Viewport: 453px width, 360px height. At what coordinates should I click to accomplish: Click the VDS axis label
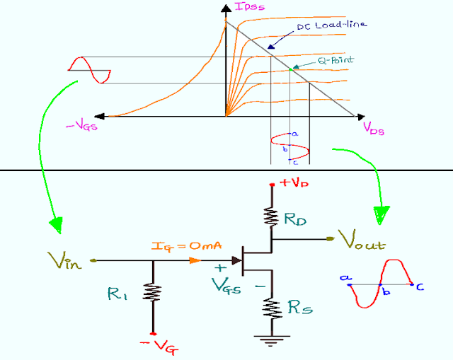pos(375,128)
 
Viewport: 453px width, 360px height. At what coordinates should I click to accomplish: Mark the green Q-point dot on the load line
pos(291,69)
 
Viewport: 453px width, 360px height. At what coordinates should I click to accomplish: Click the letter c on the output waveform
pos(420,286)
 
